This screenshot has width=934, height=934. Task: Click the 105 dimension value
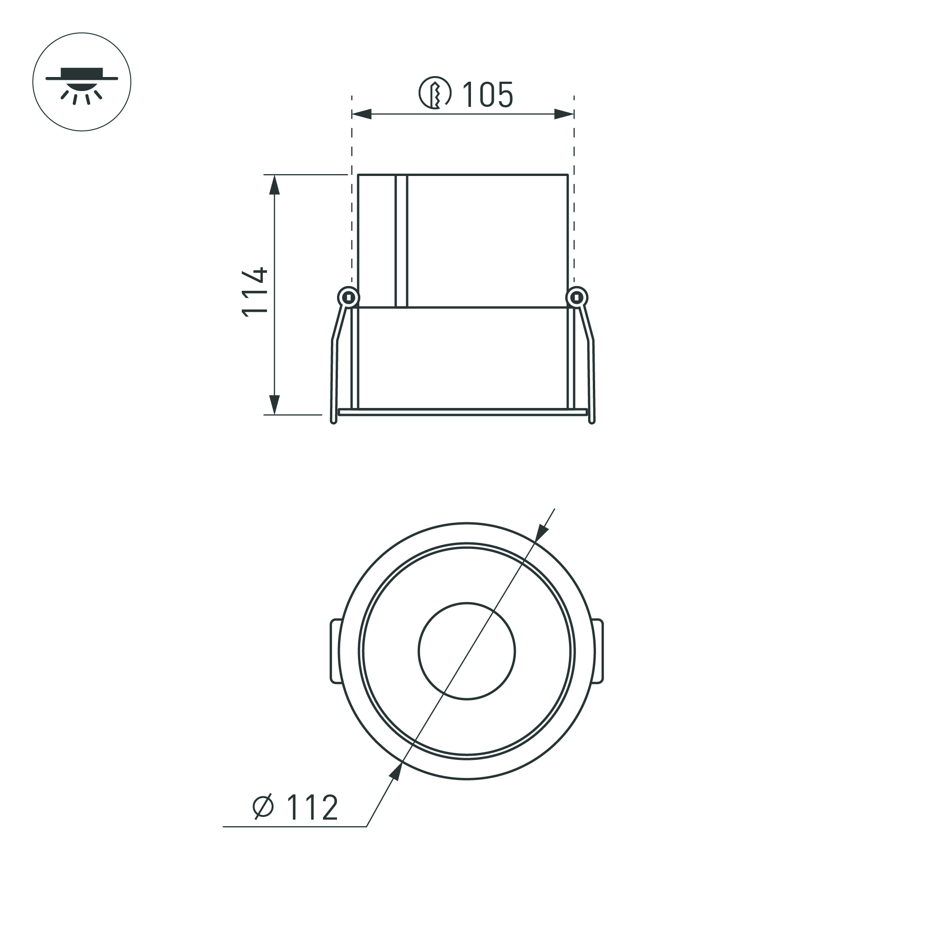pos(487,95)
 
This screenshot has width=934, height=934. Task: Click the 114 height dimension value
pos(255,292)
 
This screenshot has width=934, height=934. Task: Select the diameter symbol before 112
pos(263,807)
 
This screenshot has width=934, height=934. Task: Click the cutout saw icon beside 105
pos(435,93)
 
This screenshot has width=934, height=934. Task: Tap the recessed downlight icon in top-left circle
pos(82,82)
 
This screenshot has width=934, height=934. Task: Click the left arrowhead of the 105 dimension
pos(362,114)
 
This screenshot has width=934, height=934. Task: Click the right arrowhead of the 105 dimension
pos(564,114)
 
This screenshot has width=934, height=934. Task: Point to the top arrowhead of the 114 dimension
pos(274,185)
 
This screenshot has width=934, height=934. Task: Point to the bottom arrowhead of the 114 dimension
pos(274,405)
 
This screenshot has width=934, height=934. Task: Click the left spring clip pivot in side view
pos(348,297)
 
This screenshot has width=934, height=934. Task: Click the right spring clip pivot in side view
pos(577,297)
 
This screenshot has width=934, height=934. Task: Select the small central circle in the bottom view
pos(466,651)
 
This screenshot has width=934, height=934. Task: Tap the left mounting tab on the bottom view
pos(335,651)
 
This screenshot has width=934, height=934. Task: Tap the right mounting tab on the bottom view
pos(598,651)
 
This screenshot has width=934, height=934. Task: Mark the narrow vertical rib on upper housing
pos(401,240)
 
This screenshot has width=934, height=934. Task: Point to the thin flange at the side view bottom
pos(462,412)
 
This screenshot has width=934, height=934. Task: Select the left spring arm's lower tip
pos(333,421)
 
